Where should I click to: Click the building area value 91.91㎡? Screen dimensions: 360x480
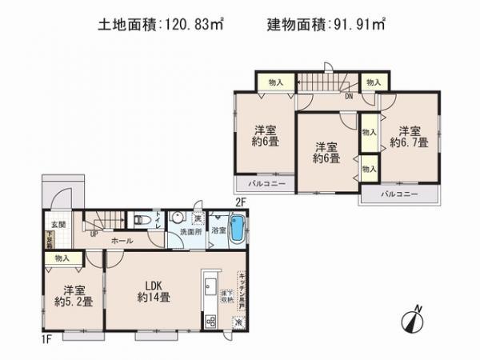pyautogui.click(x=360, y=26)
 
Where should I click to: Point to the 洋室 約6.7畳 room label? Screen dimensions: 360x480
pyautogui.click(x=410, y=137)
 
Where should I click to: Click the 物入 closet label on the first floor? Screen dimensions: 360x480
pyautogui.click(x=63, y=259)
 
